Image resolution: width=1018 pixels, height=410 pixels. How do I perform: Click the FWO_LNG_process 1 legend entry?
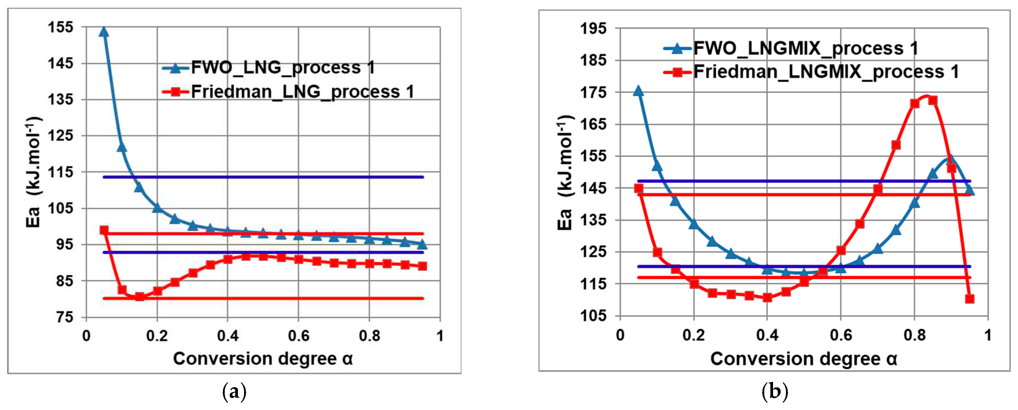(x=283, y=68)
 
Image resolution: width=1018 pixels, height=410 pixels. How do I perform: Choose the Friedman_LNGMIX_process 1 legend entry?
(x=826, y=72)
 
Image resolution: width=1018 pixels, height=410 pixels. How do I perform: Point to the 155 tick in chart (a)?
(x=60, y=27)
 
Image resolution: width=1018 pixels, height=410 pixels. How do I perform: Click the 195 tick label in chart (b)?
(x=593, y=28)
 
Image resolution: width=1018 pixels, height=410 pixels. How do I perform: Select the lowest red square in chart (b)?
(x=969, y=299)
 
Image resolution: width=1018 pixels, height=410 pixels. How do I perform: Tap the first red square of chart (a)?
(x=104, y=230)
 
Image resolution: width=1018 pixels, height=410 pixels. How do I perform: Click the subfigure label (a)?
(x=234, y=392)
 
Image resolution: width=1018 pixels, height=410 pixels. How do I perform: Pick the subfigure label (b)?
(x=774, y=392)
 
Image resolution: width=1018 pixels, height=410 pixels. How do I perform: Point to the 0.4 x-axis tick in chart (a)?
(x=228, y=336)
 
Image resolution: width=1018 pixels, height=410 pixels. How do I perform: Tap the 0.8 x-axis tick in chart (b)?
(x=914, y=335)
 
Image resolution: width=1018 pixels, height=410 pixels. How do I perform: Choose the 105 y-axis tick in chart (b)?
(x=593, y=316)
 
